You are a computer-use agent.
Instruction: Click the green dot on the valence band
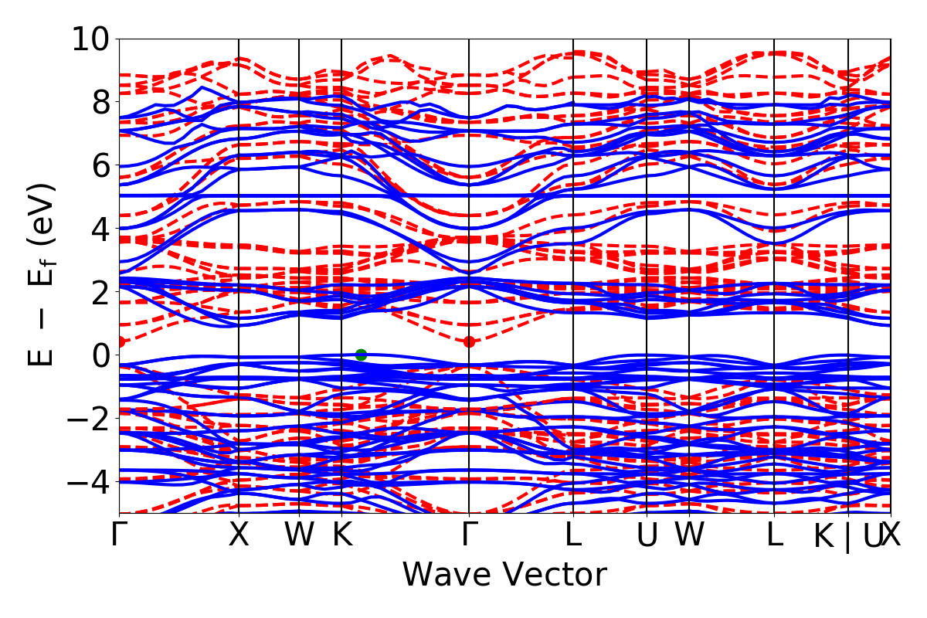point(361,355)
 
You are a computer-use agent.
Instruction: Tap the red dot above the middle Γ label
point(469,341)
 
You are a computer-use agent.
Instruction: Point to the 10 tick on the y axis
point(90,39)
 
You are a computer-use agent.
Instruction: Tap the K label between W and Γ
point(341,535)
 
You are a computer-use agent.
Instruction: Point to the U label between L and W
point(647,535)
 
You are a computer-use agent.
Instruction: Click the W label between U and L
point(689,535)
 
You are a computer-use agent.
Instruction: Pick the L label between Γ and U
point(573,535)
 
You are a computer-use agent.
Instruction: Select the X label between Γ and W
point(239,535)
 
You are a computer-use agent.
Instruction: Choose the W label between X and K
point(299,535)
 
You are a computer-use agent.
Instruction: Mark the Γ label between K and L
point(469,535)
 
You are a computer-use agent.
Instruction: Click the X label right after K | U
point(892,535)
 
